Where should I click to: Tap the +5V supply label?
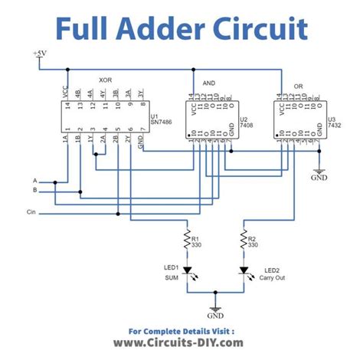coord(39,54)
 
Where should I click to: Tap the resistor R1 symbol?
coord(187,241)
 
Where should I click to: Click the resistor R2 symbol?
coord(244,241)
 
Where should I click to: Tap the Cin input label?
coord(31,211)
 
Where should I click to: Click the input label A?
coord(34,179)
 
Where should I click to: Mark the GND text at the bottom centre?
coord(215,315)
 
